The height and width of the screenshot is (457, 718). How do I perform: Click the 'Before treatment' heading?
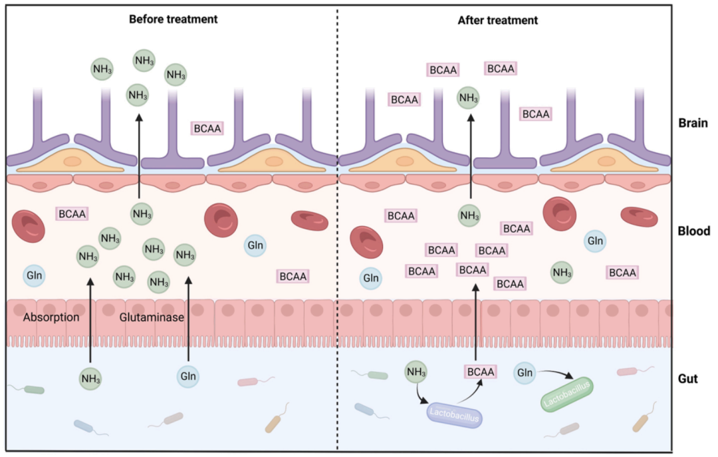coord(173,19)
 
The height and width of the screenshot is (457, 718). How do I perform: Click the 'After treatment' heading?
coord(498,20)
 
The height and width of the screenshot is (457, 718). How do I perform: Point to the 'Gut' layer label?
coord(687,379)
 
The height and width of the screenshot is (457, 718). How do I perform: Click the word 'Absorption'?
coord(51,317)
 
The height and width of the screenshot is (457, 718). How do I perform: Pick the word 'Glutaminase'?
coord(152,317)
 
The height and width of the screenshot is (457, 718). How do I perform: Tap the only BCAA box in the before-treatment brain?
coord(207,128)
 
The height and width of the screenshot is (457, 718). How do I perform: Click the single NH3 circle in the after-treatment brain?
coord(469,99)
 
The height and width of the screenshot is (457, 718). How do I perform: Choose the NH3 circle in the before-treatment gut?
coord(90,379)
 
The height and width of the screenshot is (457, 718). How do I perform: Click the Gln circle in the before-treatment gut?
coord(188,375)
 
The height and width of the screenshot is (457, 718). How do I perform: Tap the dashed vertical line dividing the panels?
coord(338,266)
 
